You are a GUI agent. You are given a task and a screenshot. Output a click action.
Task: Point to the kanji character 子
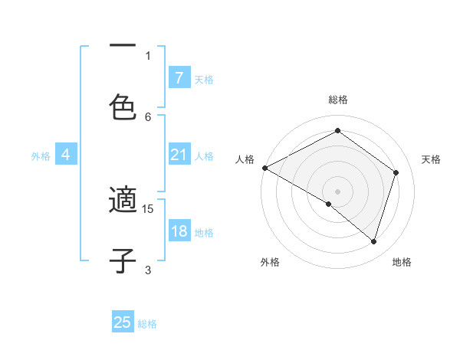(x=123, y=261)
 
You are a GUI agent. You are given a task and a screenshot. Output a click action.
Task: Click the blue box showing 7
(x=179, y=77)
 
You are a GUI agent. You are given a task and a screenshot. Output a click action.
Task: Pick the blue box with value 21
(x=179, y=155)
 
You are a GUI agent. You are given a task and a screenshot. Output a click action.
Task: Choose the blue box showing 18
(x=179, y=231)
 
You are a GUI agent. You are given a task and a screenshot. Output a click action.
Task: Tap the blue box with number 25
(x=123, y=322)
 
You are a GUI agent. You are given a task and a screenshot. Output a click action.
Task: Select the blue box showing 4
(x=66, y=155)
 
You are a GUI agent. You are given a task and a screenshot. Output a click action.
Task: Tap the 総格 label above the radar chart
(x=337, y=100)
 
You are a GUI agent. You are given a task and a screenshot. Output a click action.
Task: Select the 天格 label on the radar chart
(x=431, y=159)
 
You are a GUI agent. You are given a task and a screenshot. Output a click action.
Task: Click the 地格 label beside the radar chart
(x=402, y=262)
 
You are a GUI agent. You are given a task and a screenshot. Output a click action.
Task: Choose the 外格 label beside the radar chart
(x=270, y=262)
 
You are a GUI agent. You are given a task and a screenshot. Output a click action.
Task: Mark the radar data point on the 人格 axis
(x=264, y=168)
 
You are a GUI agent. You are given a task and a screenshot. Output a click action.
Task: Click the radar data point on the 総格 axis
(x=337, y=131)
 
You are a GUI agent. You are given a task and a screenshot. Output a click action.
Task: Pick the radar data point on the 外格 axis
(x=329, y=204)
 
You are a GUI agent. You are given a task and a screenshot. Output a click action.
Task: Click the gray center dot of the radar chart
(x=337, y=191)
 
